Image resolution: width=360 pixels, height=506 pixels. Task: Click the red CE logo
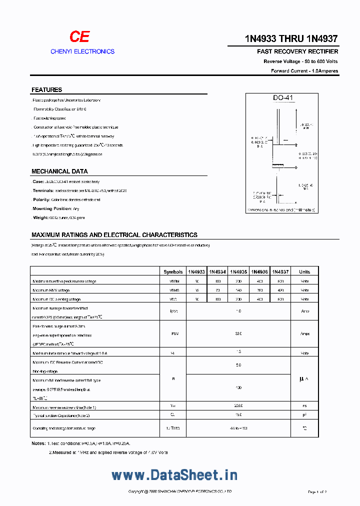coord(79,37)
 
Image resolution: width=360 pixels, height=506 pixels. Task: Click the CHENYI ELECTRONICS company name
coord(82,51)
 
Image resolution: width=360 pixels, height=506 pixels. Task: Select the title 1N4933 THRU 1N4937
coord(291,39)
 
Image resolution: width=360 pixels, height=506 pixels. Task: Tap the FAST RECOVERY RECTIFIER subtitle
coord(297,51)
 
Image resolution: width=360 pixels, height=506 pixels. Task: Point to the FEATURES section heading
coord(46,90)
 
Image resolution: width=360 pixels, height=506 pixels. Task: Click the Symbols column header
coord(173,272)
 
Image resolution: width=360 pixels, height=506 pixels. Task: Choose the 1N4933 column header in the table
coord(196,272)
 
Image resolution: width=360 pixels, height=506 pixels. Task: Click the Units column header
coord(304,272)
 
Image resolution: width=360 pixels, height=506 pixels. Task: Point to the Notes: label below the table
coord(38,443)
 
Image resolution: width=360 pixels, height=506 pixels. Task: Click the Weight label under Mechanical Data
coord(40,217)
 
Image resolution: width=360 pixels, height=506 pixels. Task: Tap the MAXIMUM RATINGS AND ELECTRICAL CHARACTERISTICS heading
coord(114,235)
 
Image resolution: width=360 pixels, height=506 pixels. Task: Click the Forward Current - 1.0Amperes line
coord(304,71)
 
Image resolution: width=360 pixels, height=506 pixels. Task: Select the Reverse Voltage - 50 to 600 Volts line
coord(300,61)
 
